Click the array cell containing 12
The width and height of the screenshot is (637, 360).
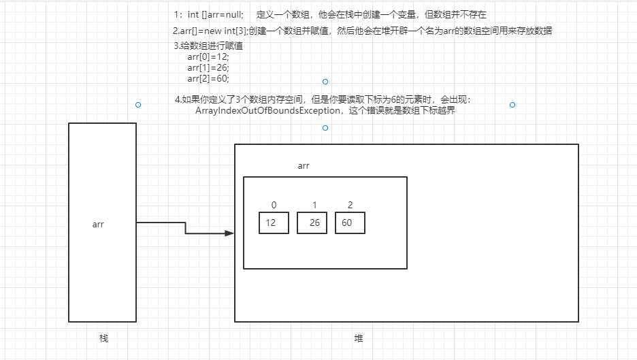point(274,223)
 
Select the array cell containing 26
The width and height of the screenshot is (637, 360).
point(312,223)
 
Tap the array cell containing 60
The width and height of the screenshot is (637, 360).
point(350,223)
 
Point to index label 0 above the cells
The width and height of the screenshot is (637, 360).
point(274,205)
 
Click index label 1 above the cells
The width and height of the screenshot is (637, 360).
point(314,205)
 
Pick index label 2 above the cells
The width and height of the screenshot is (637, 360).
point(350,205)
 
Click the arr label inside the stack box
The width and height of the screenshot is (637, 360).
point(98,224)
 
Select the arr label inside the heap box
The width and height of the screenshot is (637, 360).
point(304,165)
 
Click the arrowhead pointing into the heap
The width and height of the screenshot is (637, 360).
point(229,233)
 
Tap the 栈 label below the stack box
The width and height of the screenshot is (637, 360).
point(103,338)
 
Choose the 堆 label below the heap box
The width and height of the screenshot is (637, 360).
point(358,338)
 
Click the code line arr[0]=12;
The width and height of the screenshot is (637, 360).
point(208,57)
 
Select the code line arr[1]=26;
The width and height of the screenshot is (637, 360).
point(208,68)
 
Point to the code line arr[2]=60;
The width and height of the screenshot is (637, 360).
point(208,79)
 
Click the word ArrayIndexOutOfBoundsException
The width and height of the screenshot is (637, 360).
point(267,111)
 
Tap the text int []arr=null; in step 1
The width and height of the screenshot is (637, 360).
point(215,14)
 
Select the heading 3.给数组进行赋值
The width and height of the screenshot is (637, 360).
point(208,46)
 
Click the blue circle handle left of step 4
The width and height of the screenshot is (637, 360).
point(138,105)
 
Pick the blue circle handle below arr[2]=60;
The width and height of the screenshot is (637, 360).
point(325,82)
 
